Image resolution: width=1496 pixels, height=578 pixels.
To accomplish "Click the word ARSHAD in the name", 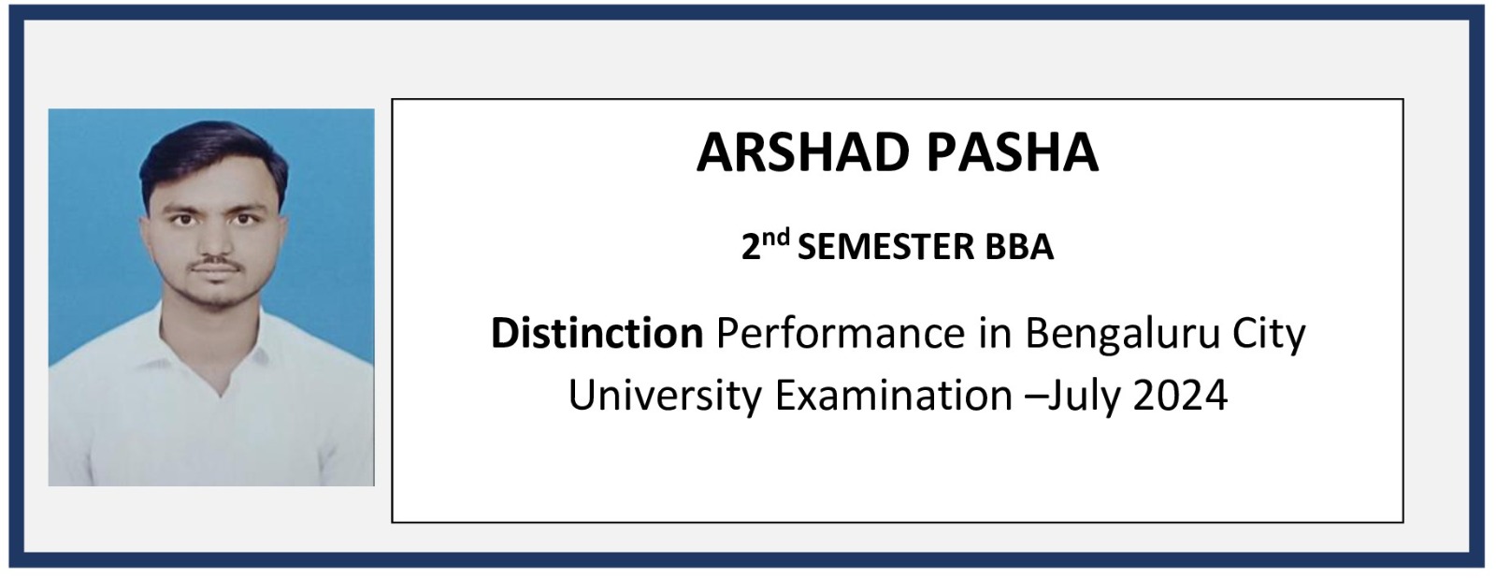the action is click(x=803, y=152).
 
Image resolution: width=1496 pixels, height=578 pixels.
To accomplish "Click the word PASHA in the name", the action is click(x=1013, y=152).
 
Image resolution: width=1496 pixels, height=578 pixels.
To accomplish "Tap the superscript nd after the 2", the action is click(x=776, y=238).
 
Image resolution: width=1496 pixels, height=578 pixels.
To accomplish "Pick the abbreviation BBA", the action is click(x=1019, y=247).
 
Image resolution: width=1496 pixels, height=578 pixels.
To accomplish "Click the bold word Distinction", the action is click(x=597, y=333).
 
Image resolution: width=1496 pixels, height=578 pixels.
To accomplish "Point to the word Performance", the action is click(x=841, y=333).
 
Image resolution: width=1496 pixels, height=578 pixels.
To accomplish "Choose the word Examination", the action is click(x=894, y=395).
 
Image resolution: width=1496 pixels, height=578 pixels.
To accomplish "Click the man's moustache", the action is click(x=215, y=265).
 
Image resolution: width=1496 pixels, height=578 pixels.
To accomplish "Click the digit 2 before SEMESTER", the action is click(x=752, y=247).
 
